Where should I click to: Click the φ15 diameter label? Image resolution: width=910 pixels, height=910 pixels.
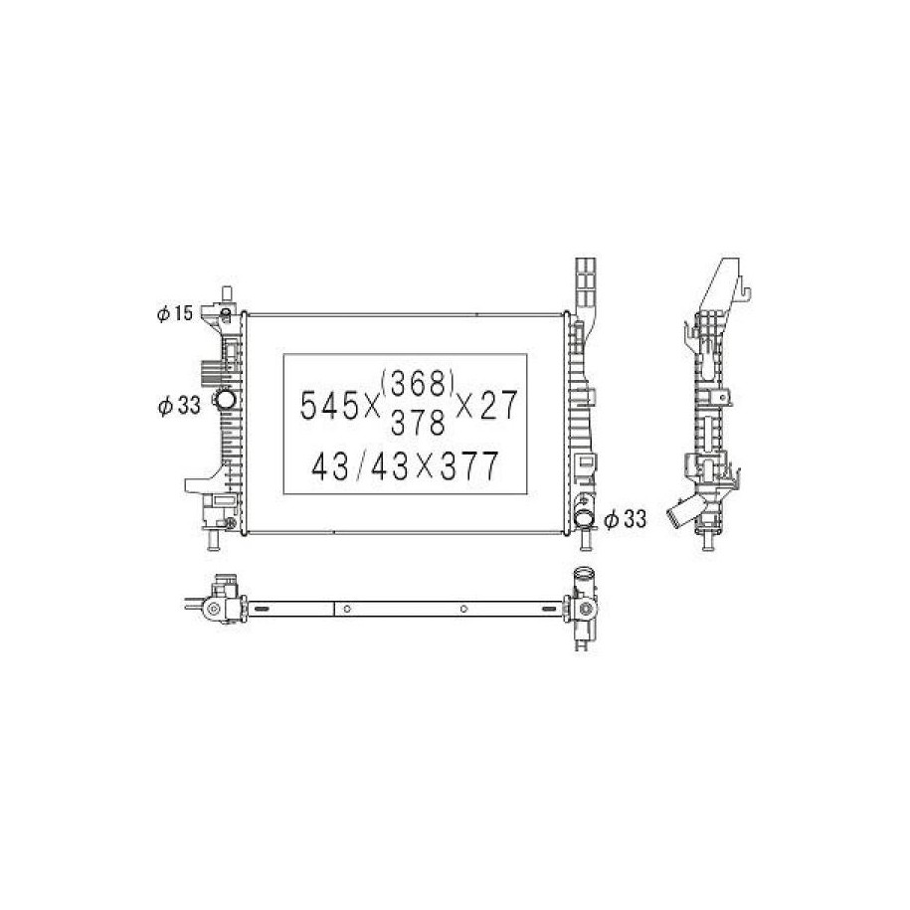[174, 314]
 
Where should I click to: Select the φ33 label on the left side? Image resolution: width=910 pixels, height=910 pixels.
[179, 406]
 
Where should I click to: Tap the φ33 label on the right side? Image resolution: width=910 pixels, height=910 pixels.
[625, 519]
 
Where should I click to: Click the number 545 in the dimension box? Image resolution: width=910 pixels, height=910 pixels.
[329, 405]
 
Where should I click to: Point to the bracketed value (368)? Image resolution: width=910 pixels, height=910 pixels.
[418, 383]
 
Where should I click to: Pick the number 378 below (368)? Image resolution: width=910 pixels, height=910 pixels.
[418, 422]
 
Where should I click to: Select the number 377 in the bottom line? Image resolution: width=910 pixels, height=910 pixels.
[469, 465]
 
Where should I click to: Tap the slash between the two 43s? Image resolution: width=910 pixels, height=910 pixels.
[360, 465]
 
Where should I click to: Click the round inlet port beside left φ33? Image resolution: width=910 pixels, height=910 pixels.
[225, 399]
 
